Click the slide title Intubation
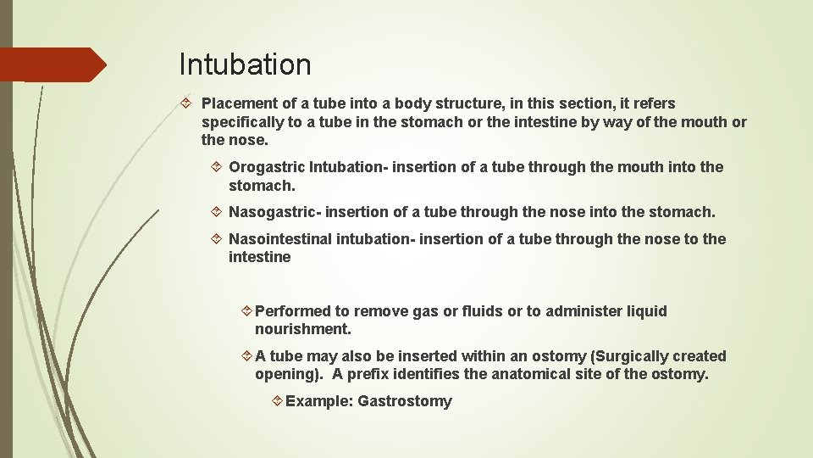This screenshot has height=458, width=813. pos(245,64)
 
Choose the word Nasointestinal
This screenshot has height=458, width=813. pos(280,239)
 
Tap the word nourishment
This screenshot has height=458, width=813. pos(302,329)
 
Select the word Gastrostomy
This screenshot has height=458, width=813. pos(405,401)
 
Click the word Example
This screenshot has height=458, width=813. pos(319,401)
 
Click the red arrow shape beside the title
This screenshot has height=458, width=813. pos(53,64)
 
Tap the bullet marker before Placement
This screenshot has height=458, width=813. pos(188,103)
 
